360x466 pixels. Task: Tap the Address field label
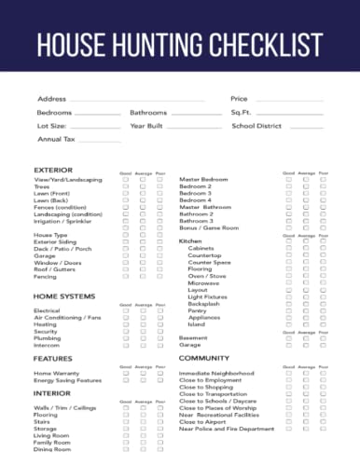pos(51,99)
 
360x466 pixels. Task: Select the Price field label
pos(240,99)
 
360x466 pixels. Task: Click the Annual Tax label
pos(55,138)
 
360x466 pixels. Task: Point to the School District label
pos(256,125)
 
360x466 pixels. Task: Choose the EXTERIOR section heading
pos(53,170)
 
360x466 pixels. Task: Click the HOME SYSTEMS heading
pos(63,296)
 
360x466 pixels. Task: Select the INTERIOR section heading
pos(52,393)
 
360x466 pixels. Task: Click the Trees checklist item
pos(42,186)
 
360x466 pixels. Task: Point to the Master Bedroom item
pos(203,179)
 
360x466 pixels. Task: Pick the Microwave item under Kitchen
pos(204,281)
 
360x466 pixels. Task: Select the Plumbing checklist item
pos(48,337)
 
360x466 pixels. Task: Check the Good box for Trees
pos(125,186)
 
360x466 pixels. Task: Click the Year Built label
pos(147,125)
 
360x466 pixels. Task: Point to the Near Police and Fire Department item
pos(227,429)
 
